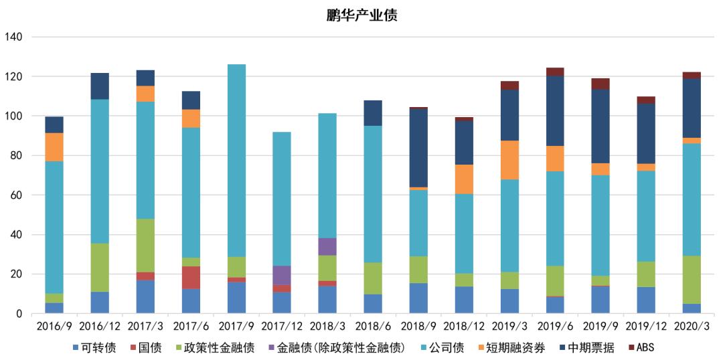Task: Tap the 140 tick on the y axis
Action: tap(13, 37)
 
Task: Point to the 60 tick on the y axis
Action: tap(16, 195)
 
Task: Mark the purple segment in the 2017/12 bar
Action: tap(282, 275)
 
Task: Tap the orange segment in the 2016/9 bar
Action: tap(54, 147)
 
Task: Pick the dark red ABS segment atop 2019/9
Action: tap(600, 84)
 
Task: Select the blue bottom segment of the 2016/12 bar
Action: tap(100, 302)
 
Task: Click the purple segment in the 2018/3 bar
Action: tap(327, 247)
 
